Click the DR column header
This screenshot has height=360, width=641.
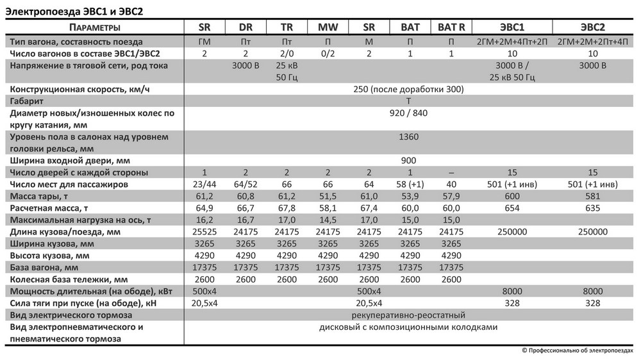tap(246, 27)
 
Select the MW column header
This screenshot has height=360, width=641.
tap(328, 27)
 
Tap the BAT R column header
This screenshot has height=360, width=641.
tap(451, 27)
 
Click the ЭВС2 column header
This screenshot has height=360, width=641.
tap(593, 27)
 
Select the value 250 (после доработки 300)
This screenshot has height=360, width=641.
tap(408, 89)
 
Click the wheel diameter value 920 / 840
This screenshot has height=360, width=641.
tap(408, 113)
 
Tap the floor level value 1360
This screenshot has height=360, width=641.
tap(408, 136)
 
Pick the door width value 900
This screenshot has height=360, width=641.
tap(408, 160)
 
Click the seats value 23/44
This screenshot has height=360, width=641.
tap(204, 184)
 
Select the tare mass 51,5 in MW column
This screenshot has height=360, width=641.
tap(328, 196)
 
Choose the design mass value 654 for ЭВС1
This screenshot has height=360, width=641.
tap(512, 208)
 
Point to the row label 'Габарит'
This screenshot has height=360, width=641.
tap(26, 101)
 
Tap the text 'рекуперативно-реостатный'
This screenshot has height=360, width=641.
tap(408, 315)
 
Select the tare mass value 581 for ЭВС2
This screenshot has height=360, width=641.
tap(593, 196)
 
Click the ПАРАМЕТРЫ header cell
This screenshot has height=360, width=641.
tap(94, 27)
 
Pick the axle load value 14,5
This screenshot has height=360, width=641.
tap(328, 220)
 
